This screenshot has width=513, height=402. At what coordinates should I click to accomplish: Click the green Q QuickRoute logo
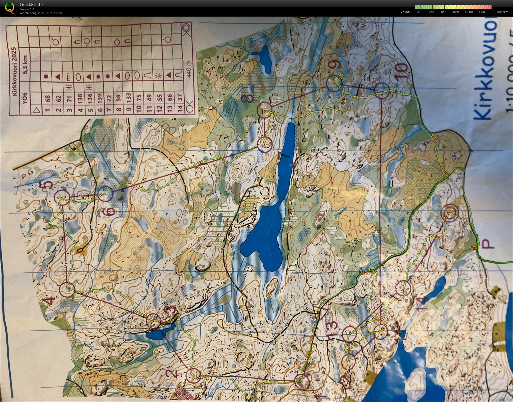click(x=10, y=8)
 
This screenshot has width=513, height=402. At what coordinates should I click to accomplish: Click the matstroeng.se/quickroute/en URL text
click(x=41, y=13)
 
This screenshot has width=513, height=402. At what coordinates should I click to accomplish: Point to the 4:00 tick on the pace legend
click(x=420, y=12)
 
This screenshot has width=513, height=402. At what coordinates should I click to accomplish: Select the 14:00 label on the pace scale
click(x=481, y=12)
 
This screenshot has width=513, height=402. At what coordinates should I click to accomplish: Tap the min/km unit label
click(x=503, y=12)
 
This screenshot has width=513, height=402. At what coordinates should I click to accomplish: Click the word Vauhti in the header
click(x=405, y=12)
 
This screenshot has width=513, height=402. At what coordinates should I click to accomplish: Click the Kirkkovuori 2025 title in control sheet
click(x=14, y=71)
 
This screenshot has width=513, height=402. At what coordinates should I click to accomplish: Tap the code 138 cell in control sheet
click(x=80, y=98)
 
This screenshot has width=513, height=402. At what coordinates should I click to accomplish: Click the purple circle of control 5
click(x=62, y=198)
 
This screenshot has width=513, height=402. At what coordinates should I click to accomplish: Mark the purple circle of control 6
click(x=105, y=194)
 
